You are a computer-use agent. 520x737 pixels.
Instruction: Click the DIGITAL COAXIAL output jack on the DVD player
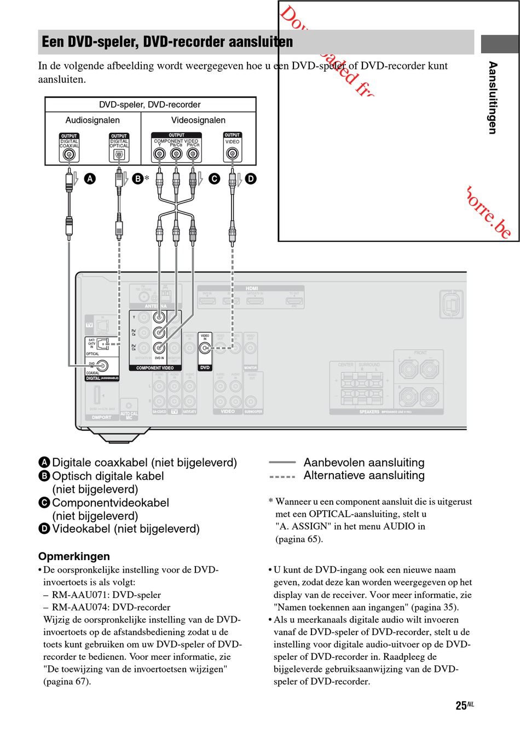click(x=69, y=154)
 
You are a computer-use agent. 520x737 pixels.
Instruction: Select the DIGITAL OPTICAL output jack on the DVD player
click(x=119, y=155)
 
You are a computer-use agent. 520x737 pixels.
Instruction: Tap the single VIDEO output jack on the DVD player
click(x=232, y=154)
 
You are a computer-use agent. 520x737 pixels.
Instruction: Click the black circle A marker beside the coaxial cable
click(x=90, y=179)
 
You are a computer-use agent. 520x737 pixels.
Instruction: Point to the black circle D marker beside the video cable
click(x=251, y=179)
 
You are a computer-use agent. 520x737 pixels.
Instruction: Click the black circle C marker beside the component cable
click(x=215, y=179)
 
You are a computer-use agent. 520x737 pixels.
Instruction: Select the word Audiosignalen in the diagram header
click(x=93, y=120)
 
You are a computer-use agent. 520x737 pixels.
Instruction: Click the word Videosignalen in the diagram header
click(x=198, y=120)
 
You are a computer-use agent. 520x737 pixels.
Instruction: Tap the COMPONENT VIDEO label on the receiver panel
click(x=155, y=368)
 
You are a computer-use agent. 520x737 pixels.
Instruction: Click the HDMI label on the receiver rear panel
click(x=252, y=289)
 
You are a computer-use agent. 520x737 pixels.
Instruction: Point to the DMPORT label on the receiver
click(x=101, y=417)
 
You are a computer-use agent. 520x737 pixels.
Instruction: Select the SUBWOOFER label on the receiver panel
click(x=253, y=411)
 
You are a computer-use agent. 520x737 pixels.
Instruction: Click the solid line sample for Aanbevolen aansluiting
click(x=282, y=463)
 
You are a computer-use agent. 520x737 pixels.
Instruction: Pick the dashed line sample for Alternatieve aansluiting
click(x=282, y=476)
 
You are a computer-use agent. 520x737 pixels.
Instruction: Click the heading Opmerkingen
click(x=74, y=556)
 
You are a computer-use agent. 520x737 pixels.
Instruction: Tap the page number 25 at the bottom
click(x=461, y=706)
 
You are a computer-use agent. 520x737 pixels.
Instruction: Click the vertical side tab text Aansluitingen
click(x=493, y=97)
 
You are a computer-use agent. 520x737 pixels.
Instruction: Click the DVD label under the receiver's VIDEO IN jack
click(x=205, y=368)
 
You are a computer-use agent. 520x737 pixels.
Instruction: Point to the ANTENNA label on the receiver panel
click(x=155, y=306)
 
